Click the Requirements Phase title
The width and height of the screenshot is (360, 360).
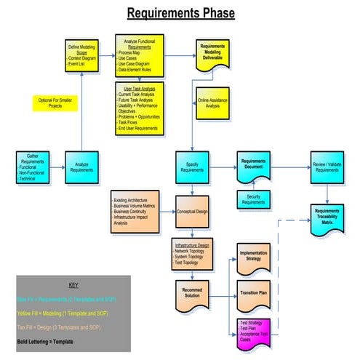point(181,13)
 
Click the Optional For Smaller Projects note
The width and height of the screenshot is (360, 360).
point(55,103)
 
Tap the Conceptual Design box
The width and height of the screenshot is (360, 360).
point(192,212)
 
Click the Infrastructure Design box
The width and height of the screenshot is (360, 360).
point(192,252)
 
